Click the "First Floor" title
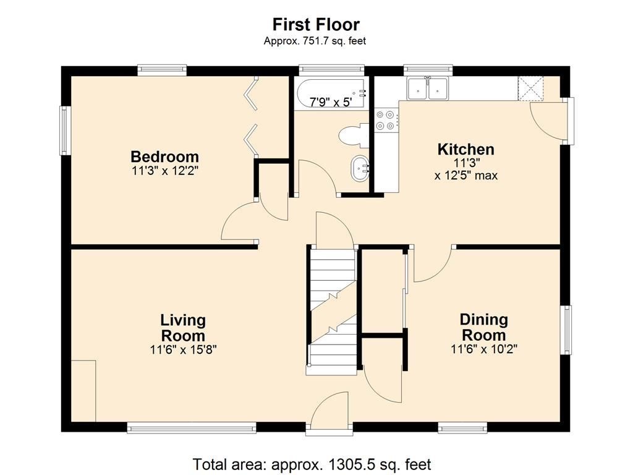tap(316, 24)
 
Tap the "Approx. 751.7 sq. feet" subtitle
tap(315, 41)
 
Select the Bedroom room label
tap(164, 156)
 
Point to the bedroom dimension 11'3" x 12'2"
tap(164, 171)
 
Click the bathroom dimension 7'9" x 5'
tap(331, 102)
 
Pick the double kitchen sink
tap(428, 88)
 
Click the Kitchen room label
tap(466, 149)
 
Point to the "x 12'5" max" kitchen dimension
tap(466, 176)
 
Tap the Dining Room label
tap(483, 327)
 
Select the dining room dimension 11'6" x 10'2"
tap(484, 349)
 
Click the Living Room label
tap(183, 328)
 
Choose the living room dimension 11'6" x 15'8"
tap(183, 349)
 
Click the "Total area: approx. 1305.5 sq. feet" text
tap(312, 464)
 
